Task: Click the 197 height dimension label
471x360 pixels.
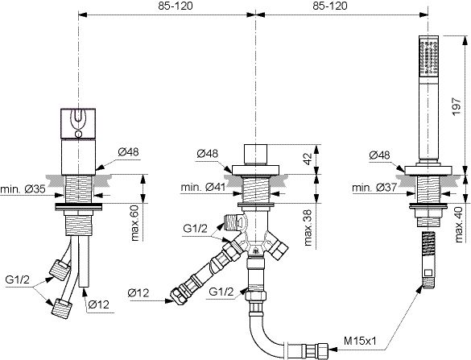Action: (x=456, y=106)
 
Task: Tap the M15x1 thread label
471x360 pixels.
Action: (x=360, y=341)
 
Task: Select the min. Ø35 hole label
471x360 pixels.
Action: (x=23, y=189)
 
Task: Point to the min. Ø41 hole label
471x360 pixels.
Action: (x=203, y=187)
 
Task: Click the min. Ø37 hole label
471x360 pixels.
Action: (x=374, y=188)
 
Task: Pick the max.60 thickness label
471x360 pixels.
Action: (x=135, y=222)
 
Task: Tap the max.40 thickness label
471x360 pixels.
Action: (x=459, y=225)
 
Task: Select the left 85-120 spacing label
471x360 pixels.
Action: (x=176, y=6)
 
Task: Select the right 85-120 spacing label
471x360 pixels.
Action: (x=330, y=6)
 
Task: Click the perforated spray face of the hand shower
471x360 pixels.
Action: (x=429, y=57)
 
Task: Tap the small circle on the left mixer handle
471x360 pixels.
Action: (x=78, y=134)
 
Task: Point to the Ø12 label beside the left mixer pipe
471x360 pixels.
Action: (x=99, y=304)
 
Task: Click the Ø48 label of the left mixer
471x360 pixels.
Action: (x=129, y=152)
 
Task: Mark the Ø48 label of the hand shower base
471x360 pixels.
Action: (x=379, y=155)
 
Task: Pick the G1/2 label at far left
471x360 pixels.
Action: (x=18, y=279)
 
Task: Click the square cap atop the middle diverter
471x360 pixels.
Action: (x=255, y=155)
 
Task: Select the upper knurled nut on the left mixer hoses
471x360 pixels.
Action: (x=60, y=270)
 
